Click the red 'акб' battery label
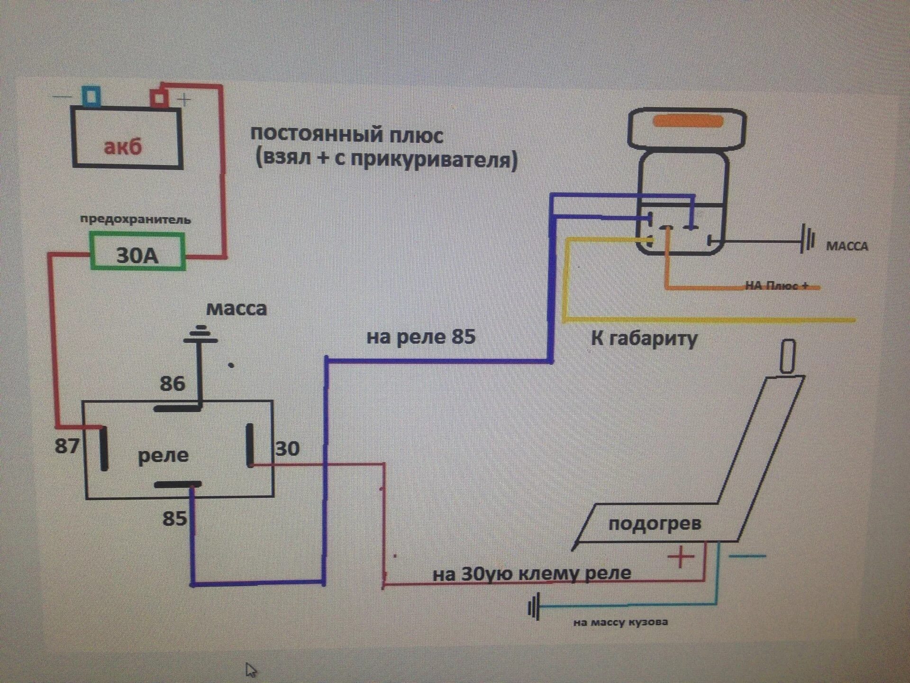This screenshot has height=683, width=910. (123, 147)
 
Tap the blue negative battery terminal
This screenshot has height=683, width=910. (91, 96)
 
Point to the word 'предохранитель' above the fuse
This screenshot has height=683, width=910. (136, 220)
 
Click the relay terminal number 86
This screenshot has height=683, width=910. (172, 383)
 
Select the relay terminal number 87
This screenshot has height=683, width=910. (67, 446)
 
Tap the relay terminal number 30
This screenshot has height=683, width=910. (288, 448)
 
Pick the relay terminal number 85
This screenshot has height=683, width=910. (174, 518)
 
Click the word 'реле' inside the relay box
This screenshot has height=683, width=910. (163, 456)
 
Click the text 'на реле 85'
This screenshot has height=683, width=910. (421, 337)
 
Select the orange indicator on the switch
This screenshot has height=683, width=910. (688, 121)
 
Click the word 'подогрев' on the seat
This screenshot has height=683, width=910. (655, 524)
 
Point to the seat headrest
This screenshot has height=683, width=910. (787, 356)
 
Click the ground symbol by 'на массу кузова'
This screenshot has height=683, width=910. (534, 608)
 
